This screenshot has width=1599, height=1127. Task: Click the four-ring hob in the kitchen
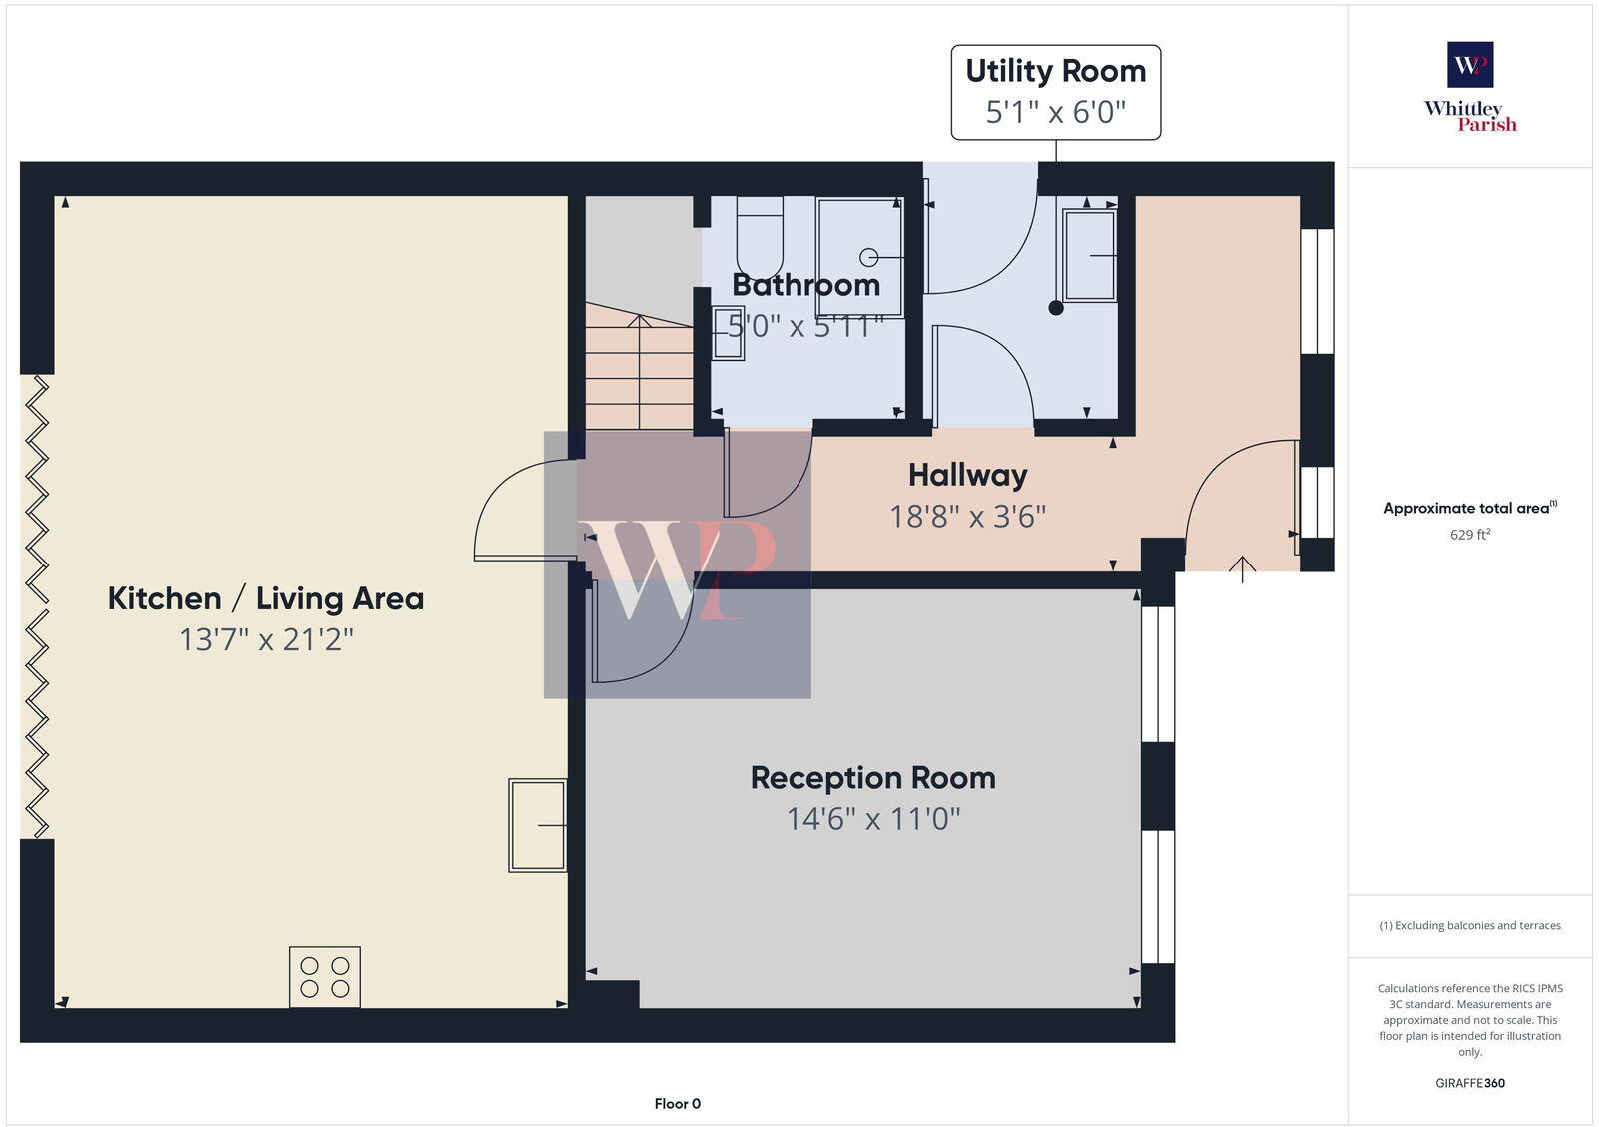tap(325, 977)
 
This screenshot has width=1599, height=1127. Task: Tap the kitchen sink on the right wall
tap(537, 825)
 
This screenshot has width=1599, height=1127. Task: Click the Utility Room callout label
tap(1055, 92)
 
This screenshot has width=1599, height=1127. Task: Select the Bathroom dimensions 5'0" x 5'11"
tap(805, 326)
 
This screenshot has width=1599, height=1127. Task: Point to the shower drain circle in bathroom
tap(868, 258)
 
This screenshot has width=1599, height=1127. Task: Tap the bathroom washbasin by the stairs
tap(728, 333)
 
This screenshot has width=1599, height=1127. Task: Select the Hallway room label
tap(967, 475)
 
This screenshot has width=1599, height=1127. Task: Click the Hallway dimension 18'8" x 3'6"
tap(967, 517)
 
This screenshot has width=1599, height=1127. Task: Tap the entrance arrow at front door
tap(1242, 569)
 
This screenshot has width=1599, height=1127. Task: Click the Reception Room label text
tap(872, 778)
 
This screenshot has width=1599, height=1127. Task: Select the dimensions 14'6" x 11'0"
tap(872, 820)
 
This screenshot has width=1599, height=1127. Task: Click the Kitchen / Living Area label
tap(266, 598)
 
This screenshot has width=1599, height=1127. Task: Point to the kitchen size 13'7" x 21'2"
tap(266, 639)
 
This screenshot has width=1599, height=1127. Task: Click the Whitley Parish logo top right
tap(1470, 88)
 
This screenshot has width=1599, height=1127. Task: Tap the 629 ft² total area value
tap(1470, 535)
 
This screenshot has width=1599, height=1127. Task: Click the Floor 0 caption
tap(678, 1104)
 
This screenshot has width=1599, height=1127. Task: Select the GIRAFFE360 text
tap(1470, 1083)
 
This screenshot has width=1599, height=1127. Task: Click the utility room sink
tap(1089, 256)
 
